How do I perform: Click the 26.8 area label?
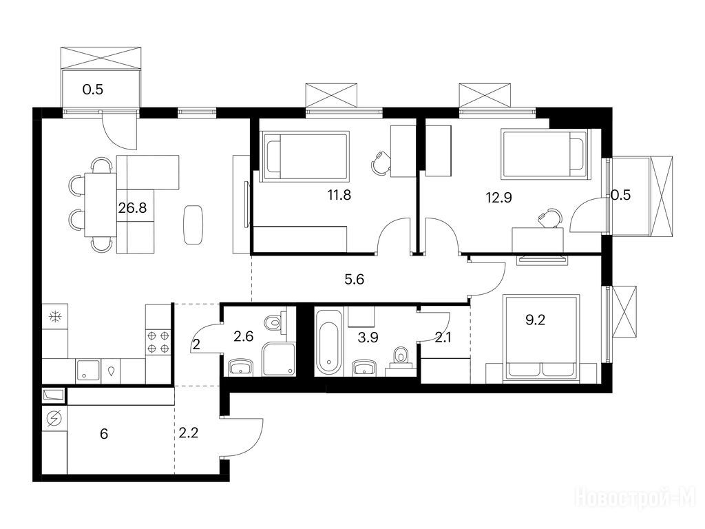[x=133, y=208]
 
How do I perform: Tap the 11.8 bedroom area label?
[x=339, y=195]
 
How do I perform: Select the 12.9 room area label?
[x=499, y=197]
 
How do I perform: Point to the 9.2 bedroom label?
[x=535, y=320]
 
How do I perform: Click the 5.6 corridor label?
[x=355, y=280]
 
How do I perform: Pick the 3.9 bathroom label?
[x=368, y=338]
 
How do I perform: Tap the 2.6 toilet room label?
[x=244, y=336]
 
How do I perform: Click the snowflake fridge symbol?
[x=55, y=317]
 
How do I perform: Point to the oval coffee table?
[x=193, y=225]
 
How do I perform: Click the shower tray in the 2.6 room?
[x=280, y=359]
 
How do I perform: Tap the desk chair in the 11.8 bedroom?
[x=381, y=163]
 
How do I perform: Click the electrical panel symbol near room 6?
[x=54, y=419]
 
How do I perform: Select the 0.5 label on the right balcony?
[x=620, y=195]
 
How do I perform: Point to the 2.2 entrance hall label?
[x=189, y=433]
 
